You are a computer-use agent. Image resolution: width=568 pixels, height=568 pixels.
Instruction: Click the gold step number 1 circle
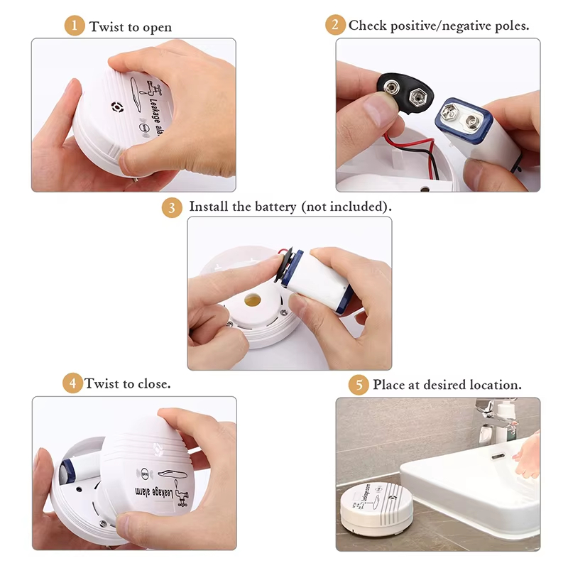pyautogui.click(x=75, y=26)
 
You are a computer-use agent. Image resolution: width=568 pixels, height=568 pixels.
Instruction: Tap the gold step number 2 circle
pyautogui.click(x=335, y=25)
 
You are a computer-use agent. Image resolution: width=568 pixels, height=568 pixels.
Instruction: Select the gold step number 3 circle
pyautogui.click(x=172, y=207)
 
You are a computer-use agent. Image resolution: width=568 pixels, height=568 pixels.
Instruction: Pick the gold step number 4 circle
pyautogui.click(x=73, y=383)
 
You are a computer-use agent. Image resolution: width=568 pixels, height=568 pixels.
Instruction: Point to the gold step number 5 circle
pyautogui.click(x=359, y=384)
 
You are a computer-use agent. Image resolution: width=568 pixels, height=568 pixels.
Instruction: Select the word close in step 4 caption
pyautogui.click(x=154, y=383)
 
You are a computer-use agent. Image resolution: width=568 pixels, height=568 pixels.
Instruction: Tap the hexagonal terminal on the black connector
pyautogui.click(x=417, y=97)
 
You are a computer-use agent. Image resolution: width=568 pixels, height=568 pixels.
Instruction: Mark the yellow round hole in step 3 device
pyautogui.click(x=253, y=300)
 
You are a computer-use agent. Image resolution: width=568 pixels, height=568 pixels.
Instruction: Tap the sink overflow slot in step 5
pyautogui.click(x=498, y=456)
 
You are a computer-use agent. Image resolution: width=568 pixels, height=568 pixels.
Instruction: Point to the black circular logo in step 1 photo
pyautogui.click(x=117, y=107)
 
